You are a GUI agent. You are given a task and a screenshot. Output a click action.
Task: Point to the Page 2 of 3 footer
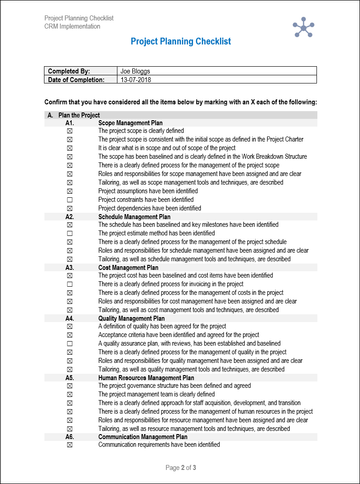(180, 468)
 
